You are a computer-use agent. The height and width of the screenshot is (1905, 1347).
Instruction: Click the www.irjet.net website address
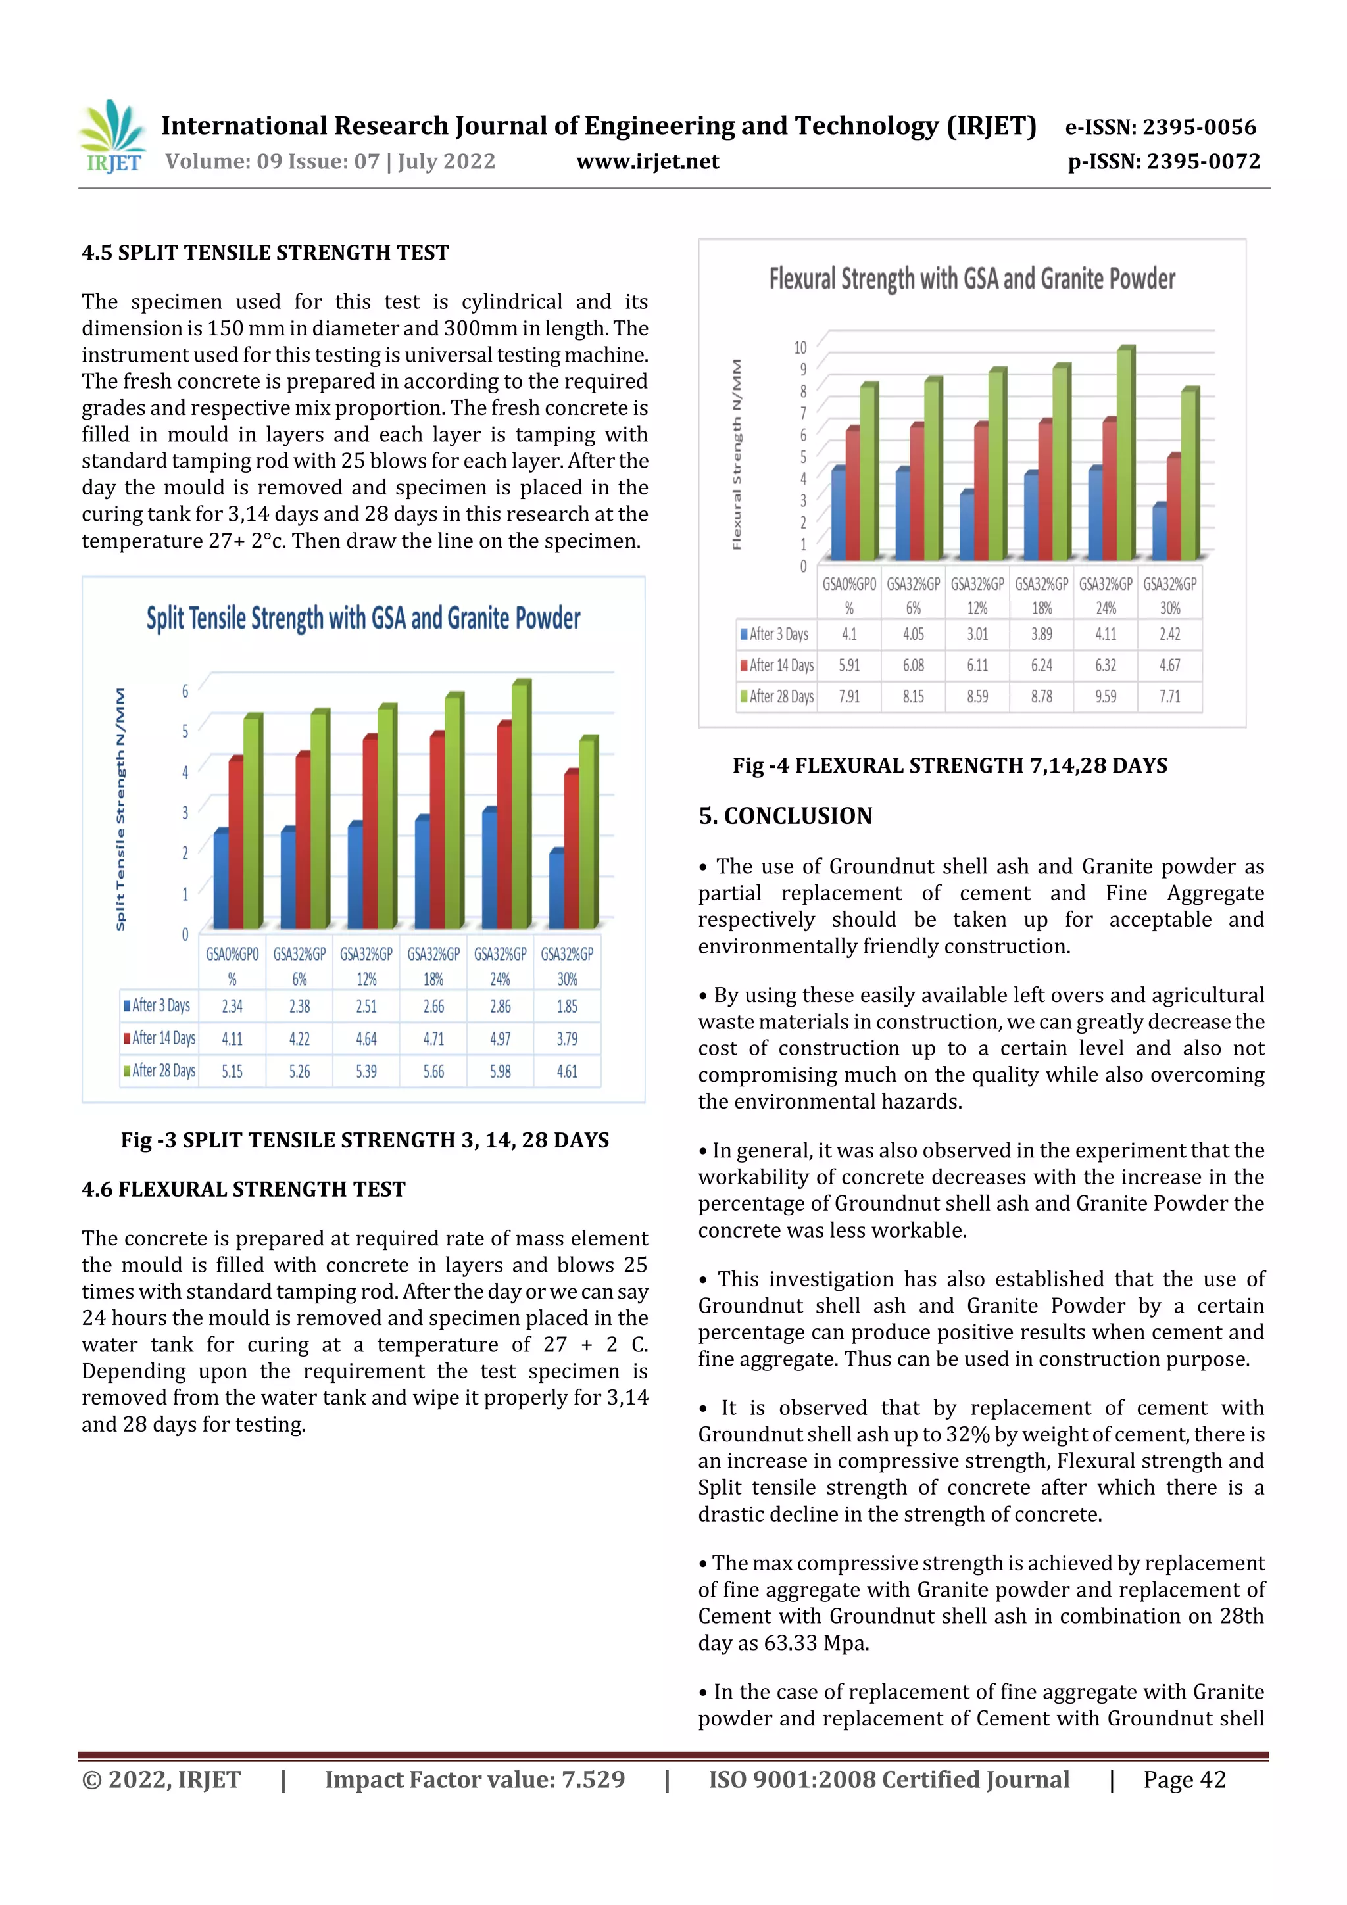click(x=647, y=162)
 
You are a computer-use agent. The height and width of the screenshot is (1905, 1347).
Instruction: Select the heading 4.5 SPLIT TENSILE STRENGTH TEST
click(x=265, y=253)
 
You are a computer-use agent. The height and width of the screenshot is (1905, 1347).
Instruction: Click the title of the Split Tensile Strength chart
click(x=364, y=619)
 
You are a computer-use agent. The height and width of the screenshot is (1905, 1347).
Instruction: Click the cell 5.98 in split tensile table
click(x=500, y=1071)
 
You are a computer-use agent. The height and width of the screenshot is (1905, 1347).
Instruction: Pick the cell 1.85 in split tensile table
click(x=567, y=1007)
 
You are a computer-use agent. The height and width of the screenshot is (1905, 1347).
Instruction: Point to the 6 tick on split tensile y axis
click(x=185, y=690)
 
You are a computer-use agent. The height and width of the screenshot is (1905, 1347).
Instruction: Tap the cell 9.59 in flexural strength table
click(x=1106, y=697)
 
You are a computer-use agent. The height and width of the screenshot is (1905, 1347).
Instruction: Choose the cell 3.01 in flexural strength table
click(x=977, y=634)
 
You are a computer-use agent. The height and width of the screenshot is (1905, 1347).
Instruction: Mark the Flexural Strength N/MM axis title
click(x=736, y=454)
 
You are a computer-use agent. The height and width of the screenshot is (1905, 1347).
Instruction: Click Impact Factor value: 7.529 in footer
click(x=474, y=1779)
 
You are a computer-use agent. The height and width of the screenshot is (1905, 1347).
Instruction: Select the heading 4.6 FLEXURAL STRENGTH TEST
click(x=243, y=1189)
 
